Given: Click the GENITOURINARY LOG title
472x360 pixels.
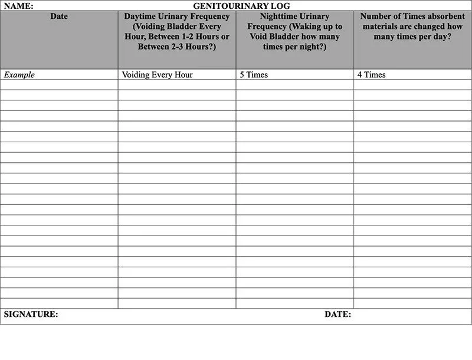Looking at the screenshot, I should tap(241, 6).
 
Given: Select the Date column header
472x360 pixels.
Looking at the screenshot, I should tap(59, 17).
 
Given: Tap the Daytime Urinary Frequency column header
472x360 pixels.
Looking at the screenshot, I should tap(177, 31).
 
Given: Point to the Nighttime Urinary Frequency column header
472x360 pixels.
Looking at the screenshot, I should tap(294, 31).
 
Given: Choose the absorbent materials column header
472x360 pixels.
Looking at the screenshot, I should tap(412, 27).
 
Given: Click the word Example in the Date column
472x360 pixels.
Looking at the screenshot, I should tap(19, 75).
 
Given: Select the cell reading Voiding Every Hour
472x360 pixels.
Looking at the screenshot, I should tap(158, 75).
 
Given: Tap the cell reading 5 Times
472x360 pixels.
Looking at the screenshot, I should tap(254, 75).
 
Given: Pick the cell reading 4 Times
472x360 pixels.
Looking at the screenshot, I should tap(372, 75).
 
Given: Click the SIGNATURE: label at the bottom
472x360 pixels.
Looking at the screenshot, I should tap(31, 315).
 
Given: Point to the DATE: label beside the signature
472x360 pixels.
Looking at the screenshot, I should tap(337, 315).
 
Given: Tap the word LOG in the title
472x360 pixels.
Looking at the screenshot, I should tap(281, 6).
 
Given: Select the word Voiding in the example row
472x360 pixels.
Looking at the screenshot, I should tap(136, 75).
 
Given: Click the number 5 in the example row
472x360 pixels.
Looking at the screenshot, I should tap(242, 75).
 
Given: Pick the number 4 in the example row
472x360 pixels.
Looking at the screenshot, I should tap(360, 75).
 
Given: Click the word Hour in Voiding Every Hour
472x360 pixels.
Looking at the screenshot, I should tap(183, 75).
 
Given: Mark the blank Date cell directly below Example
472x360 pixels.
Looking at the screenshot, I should tap(59, 85).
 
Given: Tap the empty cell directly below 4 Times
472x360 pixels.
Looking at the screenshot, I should tap(412, 85).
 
